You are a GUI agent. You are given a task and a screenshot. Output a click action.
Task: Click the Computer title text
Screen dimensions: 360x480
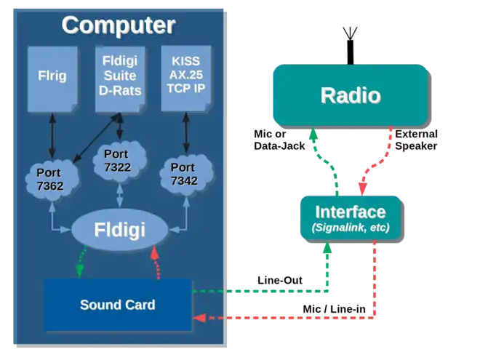[118, 25]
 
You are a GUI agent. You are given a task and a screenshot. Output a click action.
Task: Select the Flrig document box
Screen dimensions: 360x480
[52, 76]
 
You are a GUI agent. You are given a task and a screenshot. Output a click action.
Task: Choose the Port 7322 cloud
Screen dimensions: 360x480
[119, 161]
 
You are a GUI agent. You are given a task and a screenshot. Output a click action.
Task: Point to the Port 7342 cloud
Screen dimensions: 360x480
[185, 174]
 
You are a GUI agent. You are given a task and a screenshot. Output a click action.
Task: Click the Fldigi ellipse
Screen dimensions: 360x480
[119, 231]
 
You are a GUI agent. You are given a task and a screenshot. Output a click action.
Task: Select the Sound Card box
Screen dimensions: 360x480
[117, 304]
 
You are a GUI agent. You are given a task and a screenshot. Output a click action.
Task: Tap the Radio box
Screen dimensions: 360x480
[350, 95]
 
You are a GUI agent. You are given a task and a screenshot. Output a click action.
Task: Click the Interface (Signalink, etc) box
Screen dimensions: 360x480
[350, 218]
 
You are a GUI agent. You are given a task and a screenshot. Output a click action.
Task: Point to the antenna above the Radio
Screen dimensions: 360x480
[350, 40]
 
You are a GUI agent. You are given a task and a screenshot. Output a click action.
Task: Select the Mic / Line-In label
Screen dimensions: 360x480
[334, 310]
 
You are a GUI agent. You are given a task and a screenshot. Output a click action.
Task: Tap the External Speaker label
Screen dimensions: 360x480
[417, 140]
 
